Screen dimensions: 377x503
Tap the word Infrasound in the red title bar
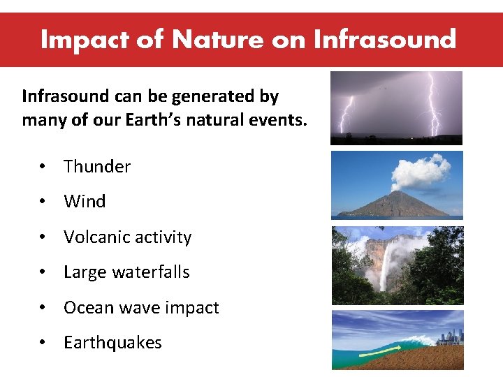pos(385,39)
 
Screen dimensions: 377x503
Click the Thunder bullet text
pos(97,166)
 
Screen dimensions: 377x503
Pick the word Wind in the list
pos(85,202)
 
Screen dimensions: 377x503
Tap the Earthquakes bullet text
pos(112,343)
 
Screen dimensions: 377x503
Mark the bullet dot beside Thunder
pos(43,167)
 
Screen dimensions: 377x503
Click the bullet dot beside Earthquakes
pos(43,343)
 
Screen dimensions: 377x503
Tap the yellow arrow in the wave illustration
pos(375,355)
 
